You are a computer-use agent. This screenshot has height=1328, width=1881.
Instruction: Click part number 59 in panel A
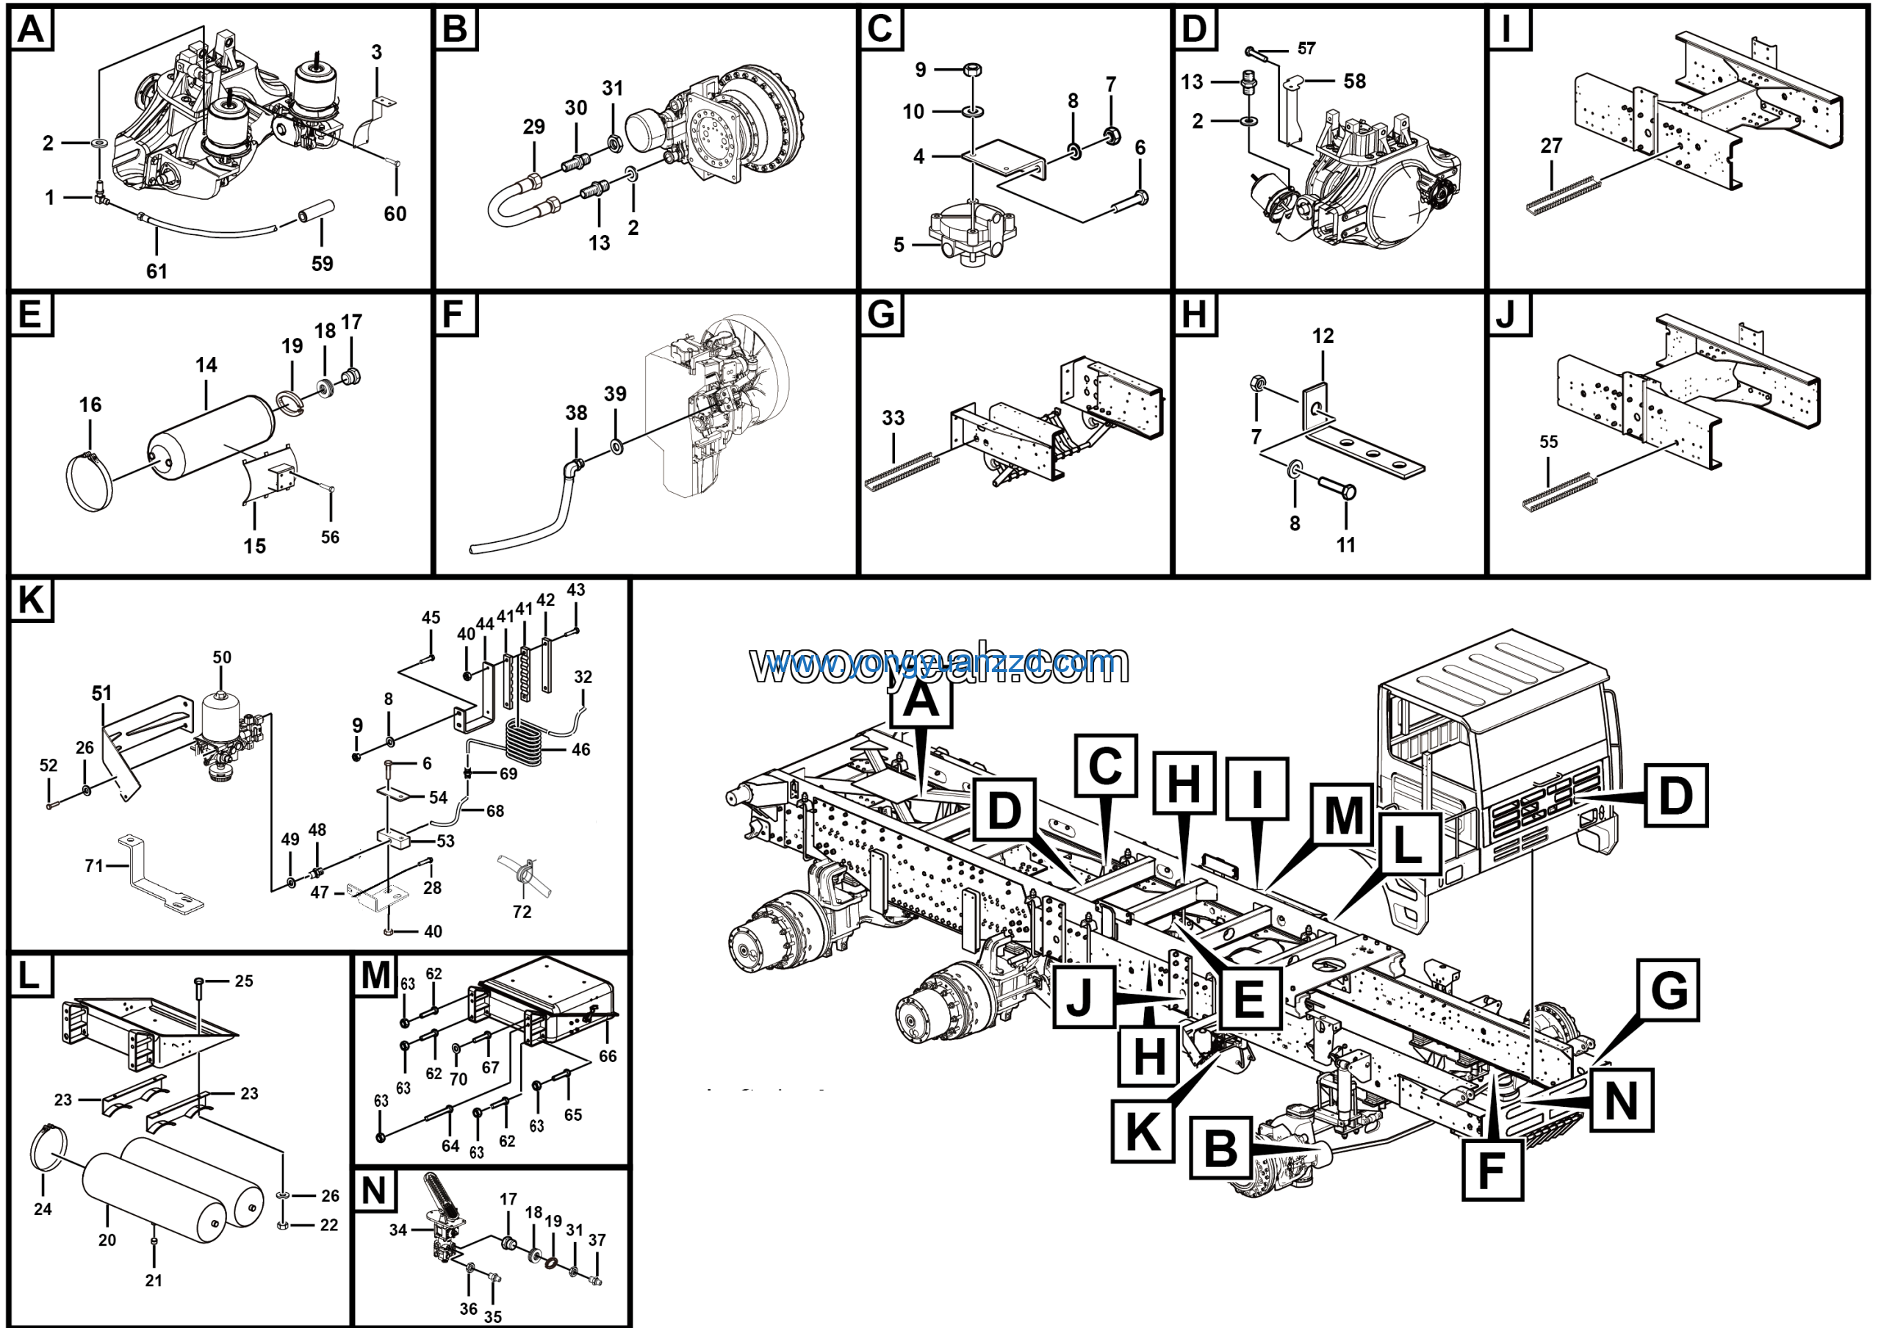pyautogui.click(x=322, y=264)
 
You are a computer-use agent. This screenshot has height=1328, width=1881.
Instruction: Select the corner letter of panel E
pyautogui.click(x=30, y=314)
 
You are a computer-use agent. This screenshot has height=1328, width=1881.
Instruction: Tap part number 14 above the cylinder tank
pyautogui.click(x=206, y=365)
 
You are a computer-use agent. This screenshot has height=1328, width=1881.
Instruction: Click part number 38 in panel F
pyautogui.click(x=576, y=413)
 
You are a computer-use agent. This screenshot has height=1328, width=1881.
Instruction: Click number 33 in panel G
pyautogui.click(x=893, y=419)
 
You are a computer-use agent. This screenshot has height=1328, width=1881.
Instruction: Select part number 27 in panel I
pyautogui.click(x=1551, y=145)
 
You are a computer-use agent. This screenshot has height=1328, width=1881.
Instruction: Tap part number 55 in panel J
pyautogui.click(x=1548, y=442)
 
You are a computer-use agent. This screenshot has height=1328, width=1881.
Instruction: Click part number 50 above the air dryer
pyautogui.click(x=222, y=657)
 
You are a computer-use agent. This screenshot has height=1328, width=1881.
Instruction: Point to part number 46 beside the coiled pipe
pyautogui.click(x=581, y=749)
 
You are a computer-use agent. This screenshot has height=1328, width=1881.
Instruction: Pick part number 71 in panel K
pyautogui.click(x=94, y=865)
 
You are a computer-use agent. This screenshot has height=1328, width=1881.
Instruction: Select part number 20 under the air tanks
pyautogui.click(x=107, y=1240)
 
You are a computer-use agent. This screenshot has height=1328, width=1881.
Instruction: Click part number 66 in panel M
pyautogui.click(x=607, y=1056)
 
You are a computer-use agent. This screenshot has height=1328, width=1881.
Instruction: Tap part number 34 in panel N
pyautogui.click(x=398, y=1230)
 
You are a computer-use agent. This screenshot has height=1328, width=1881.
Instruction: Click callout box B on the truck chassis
pyautogui.click(x=1220, y=1148)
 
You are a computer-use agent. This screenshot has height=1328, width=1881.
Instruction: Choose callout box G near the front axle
pyautogui.click(x=1669, y=991)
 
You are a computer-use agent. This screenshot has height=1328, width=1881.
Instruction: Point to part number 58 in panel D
pyautogui.click(x=1354, y=81)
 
